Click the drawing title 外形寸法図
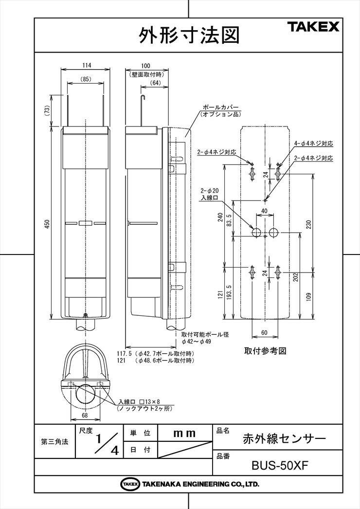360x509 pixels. pyautogui.click(x=190, y=35)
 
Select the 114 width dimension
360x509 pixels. pyautogui.click(x=86, y=65)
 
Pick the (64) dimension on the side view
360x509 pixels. pyautogui.click(x=155, y=83)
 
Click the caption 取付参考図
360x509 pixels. pyautogui.click(x=264, y=350)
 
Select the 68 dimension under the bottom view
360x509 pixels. pyautogui.click(x=85, y=415)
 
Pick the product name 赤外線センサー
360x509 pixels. pyautogui.click(x=284, y=438)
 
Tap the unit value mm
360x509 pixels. pyautogui.click(x=184, y=433)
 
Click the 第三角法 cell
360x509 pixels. pyautogui.click(x=54, y=442)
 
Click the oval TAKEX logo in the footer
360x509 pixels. pyautogui.click(x=130, y=484)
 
